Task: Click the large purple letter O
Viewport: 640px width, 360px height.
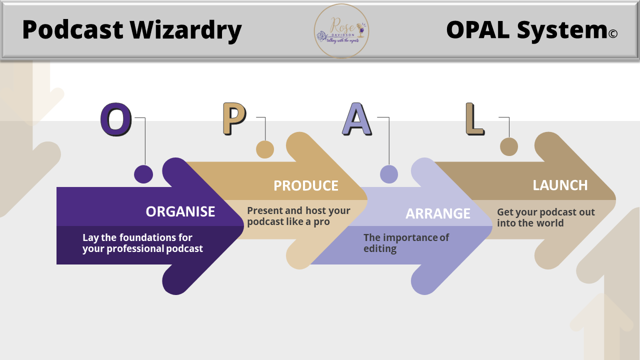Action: (116, 120)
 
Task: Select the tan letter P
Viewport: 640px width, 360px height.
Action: (234, 119)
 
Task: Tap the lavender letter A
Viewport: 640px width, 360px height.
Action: (356, 119)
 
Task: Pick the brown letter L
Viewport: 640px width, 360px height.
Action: (474, 119)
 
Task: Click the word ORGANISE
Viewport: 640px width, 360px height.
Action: (180, 211)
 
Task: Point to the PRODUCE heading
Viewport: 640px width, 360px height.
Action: (305, 186)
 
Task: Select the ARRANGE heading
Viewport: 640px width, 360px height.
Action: (437, 213)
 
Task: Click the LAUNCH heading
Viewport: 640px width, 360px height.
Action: (560, 185)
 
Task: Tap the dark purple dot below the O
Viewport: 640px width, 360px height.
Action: (143, 174)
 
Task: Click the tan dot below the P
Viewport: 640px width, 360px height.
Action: (265, 149)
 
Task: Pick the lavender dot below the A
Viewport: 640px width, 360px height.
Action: (389, 174)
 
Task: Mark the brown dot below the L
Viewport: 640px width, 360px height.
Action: (509, 147)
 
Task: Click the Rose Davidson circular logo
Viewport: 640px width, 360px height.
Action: (341, 31)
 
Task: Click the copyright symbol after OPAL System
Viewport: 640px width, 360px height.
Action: (613, 33)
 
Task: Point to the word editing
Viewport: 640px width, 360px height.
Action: (380, 248)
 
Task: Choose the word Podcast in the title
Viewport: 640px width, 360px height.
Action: (73, 30)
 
